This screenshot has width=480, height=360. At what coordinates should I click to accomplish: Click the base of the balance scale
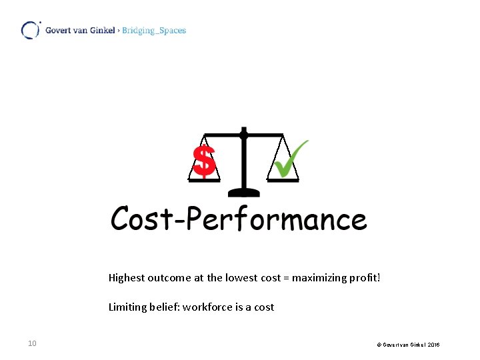point(244,192)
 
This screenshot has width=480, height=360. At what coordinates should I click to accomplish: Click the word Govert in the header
point(59,30)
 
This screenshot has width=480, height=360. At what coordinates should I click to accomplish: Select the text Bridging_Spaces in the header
point(154,30)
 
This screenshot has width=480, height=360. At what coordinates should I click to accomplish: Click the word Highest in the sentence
point(127,277)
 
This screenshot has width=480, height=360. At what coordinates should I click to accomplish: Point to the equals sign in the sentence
point(287,277)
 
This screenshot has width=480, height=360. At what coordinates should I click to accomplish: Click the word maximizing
point(319,277)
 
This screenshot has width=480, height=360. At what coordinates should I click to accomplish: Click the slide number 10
point(32,343)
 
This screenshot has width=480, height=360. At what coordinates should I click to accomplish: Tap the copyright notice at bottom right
point(408,344)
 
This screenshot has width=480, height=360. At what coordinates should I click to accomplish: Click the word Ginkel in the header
point(102,30)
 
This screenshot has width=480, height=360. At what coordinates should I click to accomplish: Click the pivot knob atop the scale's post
point(244,134)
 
